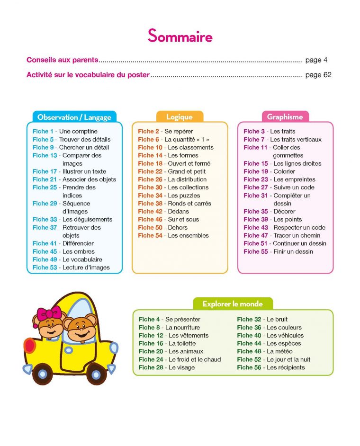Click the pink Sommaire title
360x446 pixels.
(180, 36)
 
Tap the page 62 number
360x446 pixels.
(318, 75)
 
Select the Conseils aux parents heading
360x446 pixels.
(63, 60)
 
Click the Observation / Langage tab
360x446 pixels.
(74, 117)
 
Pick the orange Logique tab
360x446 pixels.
(180, 117)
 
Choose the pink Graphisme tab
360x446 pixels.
(285, 117)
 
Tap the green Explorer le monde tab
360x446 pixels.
(233, 304)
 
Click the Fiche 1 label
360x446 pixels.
(43, 131)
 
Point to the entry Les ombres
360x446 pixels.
(79, 251)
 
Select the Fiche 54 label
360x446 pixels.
(150, 235)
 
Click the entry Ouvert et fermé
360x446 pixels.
(189, 163)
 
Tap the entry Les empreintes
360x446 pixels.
(294, 179)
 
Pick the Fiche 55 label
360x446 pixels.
(256, 251)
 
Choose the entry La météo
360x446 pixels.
(279, 351)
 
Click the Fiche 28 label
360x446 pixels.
(151, 367)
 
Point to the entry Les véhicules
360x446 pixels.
(285, 335)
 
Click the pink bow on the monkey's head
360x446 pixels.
(49, 313)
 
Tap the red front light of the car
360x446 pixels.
(29, 345)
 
